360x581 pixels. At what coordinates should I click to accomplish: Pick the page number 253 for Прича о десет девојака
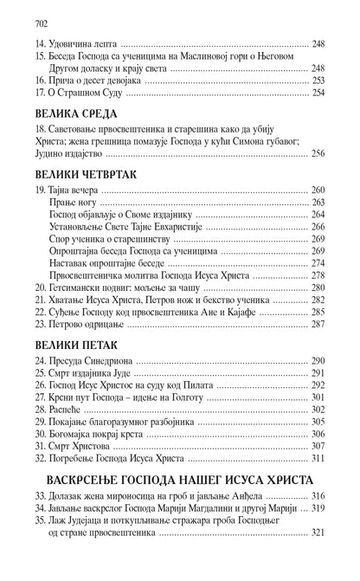coord(319,78)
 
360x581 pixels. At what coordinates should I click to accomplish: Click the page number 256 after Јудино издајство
coord(319,152)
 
